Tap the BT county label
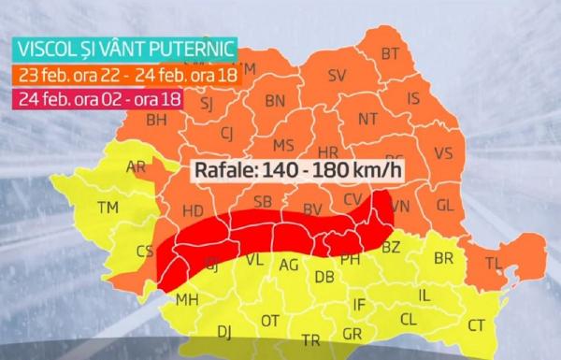391,54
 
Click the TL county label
494,264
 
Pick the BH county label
156,120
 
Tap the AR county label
136,167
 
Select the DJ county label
224,331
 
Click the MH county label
187,300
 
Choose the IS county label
412,97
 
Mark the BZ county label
391,246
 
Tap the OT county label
270,321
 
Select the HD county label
193,211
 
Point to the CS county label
145,251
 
